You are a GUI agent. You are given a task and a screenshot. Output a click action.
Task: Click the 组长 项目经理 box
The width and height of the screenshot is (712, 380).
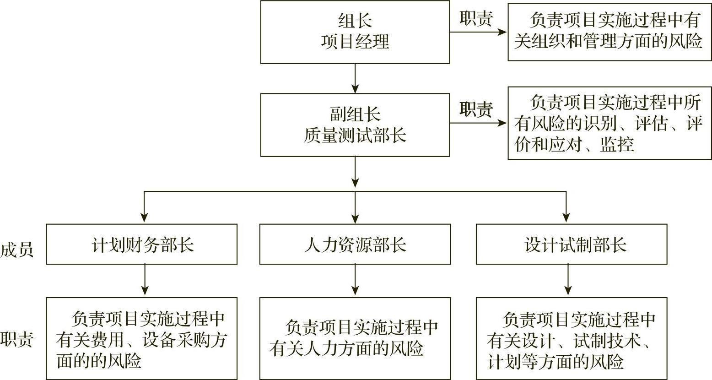pyautogui.click(x=355, y=32)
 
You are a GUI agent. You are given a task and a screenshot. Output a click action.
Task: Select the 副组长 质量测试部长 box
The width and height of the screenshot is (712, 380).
pyautogui.click(x=355, y=125)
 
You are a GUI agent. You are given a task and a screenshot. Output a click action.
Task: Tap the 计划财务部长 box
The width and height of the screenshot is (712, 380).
pyautogui.click(x=142, y=244)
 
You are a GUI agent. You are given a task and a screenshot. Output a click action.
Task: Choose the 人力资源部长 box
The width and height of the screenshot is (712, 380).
pyautogui.click(x=355, y=244)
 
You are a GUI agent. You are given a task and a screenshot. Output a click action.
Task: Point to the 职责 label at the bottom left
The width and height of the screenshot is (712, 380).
pyautogui.click(x=16, y=340)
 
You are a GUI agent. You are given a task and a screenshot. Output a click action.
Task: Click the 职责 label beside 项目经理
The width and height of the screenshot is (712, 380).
pyautogui.click(x=476, y=19)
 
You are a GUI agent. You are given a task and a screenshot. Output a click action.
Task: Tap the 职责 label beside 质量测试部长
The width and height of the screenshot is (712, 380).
pyautogui.click(x=476, y=110)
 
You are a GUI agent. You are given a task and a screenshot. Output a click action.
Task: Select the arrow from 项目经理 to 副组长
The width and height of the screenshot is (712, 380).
pyautogui.click(x=355, y=78)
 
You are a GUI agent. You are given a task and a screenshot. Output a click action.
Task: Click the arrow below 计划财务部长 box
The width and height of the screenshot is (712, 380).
pyautogui.click(x=145, y=280)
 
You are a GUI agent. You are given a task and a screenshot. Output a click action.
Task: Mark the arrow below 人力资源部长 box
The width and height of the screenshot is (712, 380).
pyautogui.click(x=355, y=280)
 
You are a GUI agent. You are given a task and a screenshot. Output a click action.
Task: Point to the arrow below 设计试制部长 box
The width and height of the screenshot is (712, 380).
pyautogui.click(x=567, y=280)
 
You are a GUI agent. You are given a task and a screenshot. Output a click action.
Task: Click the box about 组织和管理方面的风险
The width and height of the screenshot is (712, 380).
pyautogui.click(x=610, y=32)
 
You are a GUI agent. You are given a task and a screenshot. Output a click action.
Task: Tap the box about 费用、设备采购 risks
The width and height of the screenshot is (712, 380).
pyautogui.click(x=142, y=339)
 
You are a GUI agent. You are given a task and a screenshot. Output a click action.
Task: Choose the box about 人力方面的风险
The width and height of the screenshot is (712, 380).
pyautogui.click(x=355, y=339)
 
